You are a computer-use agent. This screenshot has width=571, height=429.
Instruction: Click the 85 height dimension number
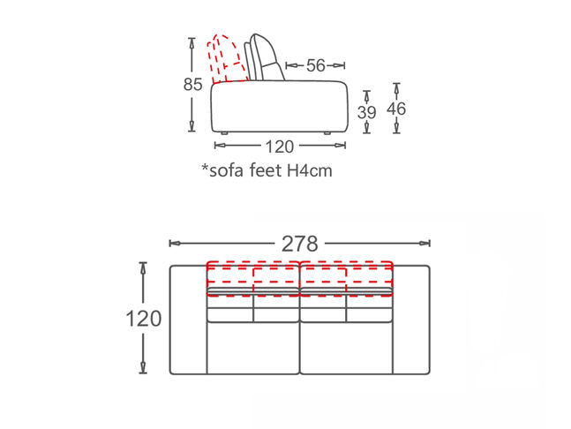coord(192,85)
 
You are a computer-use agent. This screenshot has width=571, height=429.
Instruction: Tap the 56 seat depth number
coord(315,65)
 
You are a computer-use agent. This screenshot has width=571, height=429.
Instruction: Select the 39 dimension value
coord(367,112)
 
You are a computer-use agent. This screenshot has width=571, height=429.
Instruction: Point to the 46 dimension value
coord(396,109)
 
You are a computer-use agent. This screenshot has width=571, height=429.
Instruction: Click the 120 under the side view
coord(279,147)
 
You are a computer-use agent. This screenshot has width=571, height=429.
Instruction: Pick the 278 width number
coord(300,244)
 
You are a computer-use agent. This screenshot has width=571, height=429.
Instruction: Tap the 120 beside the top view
coord(144,319)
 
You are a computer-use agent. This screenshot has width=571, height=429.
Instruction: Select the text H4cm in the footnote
coord(310,170)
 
